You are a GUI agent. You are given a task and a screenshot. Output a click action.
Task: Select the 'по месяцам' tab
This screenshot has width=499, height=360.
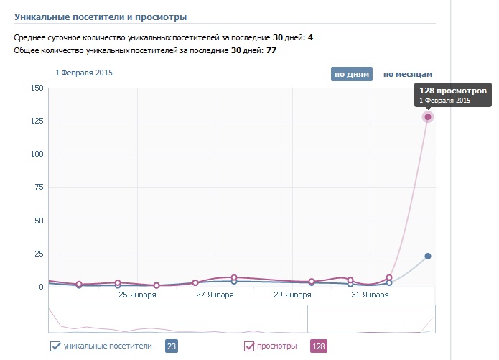click(x=407, y=74)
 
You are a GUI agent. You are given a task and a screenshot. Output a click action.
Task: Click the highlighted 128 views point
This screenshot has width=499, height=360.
click(x=428, y=116)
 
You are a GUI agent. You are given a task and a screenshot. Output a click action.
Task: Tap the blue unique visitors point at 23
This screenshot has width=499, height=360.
click(x=428, y=257)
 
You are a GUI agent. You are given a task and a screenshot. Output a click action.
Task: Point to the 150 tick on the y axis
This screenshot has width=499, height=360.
click(x=36, y=88)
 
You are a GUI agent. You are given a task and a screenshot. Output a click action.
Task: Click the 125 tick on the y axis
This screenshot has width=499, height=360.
click(x=36, y=121)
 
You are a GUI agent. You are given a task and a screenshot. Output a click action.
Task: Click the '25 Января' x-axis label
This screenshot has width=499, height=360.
click(x=137, y=295)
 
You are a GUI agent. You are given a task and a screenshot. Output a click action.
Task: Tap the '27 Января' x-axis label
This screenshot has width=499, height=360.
click(x=215, y=295)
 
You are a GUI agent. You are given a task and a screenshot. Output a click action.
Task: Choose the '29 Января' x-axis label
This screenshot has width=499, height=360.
click(x=292, y=295)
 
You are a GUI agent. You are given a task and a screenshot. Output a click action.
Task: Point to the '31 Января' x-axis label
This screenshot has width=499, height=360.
click(x=370, y=295)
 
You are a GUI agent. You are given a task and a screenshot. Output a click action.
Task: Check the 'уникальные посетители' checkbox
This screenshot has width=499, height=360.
click(x=55, y=346)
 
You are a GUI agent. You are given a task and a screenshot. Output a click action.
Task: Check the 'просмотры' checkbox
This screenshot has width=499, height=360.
click(x=250, y=346)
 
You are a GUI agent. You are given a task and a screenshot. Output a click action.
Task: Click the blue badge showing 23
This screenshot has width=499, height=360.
click(x=171, y=346)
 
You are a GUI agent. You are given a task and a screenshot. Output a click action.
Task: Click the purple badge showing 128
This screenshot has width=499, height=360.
click(x=318, y=346)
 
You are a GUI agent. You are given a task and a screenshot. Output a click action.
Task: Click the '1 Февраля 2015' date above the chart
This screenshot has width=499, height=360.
click(x=84, y=73)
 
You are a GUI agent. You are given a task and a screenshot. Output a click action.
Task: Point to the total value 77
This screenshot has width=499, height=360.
click(x=271, y=50)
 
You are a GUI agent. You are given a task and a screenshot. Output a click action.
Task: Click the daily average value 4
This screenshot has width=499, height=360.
click(x=310, y=37)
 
